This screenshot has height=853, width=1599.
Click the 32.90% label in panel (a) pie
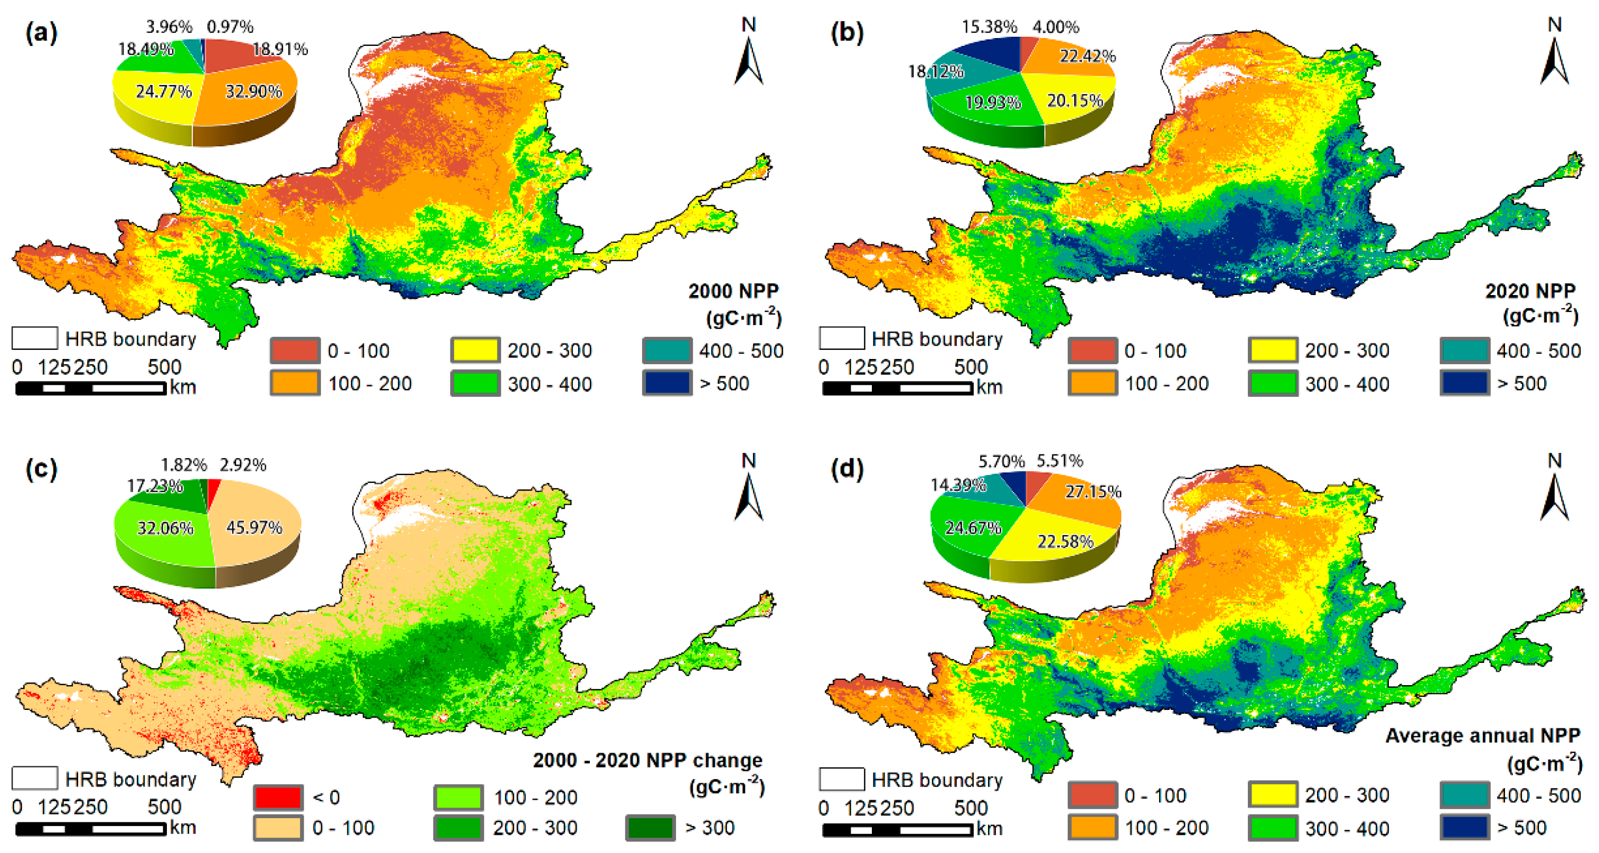[253, 92]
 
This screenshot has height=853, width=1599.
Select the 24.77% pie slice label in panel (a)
[163, 92]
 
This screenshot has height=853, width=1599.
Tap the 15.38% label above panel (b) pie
[989, 27]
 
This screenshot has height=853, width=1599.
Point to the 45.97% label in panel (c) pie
[254, 528]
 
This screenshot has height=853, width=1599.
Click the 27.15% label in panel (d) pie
[1093, 492]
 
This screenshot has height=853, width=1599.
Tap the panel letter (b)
[846, 32]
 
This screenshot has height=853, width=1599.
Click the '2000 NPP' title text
[733, 291]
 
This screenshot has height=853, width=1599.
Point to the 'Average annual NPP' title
[1482, 736]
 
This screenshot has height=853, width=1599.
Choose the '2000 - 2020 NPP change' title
[647, 761]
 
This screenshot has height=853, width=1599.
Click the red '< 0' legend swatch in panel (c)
[278, 797]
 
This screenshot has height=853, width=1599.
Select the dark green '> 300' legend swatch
[650, 828]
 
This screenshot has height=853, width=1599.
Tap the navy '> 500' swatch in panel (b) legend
[1464, 383]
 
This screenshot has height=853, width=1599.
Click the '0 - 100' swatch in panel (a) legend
[295, 351]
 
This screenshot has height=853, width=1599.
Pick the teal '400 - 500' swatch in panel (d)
[1464, 795]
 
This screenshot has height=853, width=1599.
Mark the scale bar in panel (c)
[91, 829]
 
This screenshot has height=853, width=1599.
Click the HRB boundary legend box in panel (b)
[842, 339]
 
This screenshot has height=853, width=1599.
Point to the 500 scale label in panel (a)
[164, 367]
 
